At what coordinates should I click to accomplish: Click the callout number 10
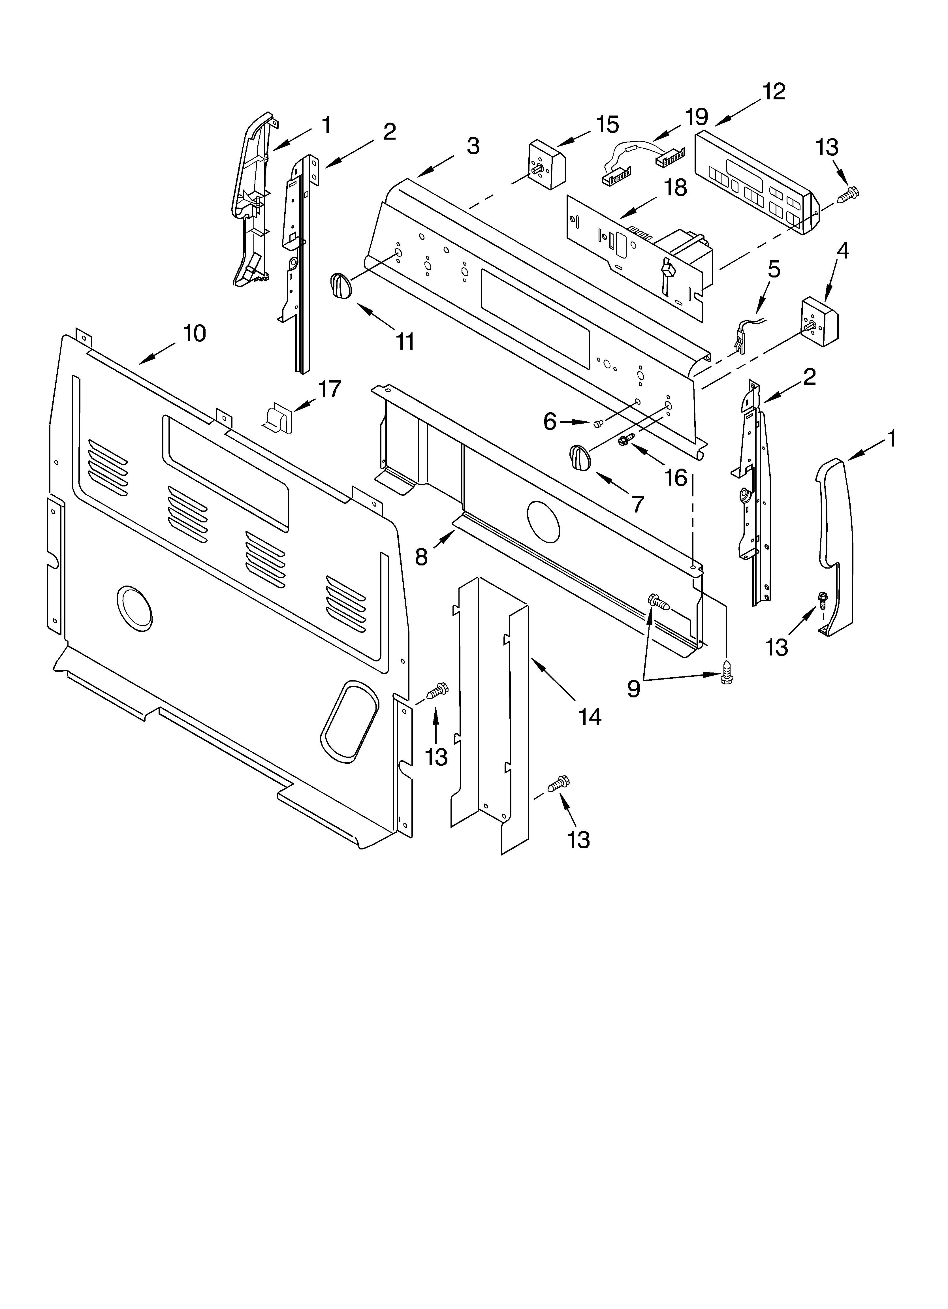195,334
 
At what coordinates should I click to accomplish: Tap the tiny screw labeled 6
598,424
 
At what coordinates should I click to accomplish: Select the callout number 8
421,556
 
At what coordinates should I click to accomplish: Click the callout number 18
675,188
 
